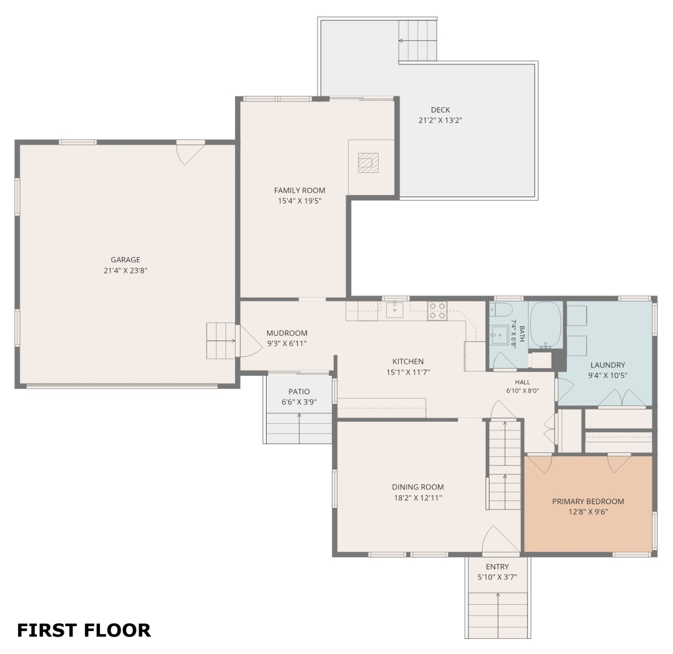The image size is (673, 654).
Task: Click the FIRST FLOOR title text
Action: [x=84, y=630]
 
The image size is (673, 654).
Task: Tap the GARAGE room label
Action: [x=126, y=259]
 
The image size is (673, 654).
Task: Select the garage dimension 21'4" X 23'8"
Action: [x=126, y=270]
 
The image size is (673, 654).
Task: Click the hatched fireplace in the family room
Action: [x=369, y=162]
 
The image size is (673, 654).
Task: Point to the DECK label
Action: [x=440, y=110]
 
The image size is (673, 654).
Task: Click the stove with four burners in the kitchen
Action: [x=437, y=311]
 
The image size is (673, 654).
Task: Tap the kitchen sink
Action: [x=395, y=310]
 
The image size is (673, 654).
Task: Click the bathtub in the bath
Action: [x=545, y=324]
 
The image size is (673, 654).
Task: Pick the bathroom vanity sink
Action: [x=499, y=335]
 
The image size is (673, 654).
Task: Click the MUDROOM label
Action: [x=287, y=333]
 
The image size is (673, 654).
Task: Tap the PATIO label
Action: [x=299, y=392]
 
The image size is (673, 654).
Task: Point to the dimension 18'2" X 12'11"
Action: [x=418, y=498]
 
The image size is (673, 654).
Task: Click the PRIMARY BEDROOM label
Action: [x=588, y=501]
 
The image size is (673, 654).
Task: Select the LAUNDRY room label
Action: [x=608, y=365]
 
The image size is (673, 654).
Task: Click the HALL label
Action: [x=523, y=382]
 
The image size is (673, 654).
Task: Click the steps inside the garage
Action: [x=221, y=341]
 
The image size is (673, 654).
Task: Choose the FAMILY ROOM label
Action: [x=300, y=190]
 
